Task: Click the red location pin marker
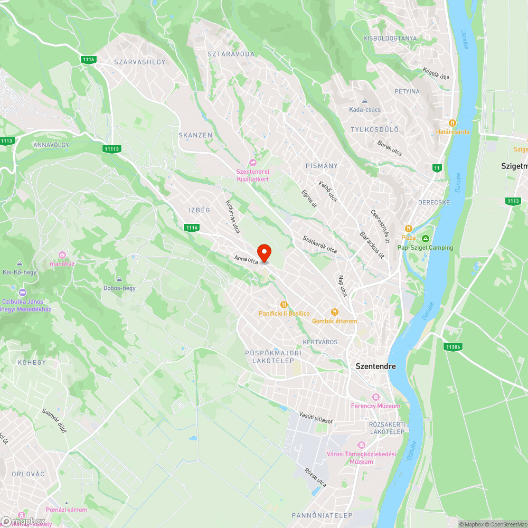[263, 252]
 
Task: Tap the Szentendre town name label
[375, 366]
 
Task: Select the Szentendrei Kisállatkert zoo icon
[252, 163]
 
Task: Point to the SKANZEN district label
[195, 135]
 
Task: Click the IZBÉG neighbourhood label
[200, 210]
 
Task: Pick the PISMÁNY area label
[322, 166]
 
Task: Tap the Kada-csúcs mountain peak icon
[365, 100]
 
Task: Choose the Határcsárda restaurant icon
[452, 122]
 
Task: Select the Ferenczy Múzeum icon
[376, 397]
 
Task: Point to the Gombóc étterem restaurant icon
[334, 312]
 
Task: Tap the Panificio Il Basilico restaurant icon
[284, 305]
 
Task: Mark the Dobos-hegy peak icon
[119, 279]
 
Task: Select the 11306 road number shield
[454, 347]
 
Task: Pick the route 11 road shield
[437, 168]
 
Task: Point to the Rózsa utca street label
[315, 477]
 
